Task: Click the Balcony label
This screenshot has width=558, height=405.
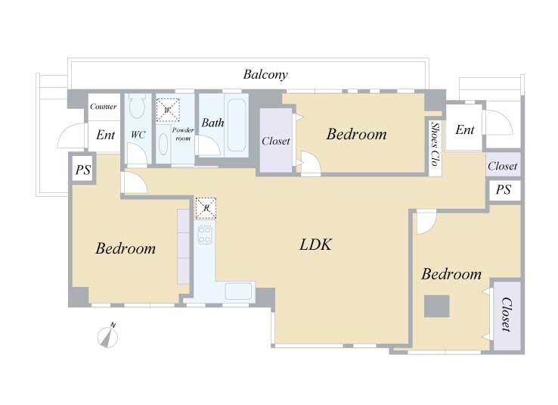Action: click(x=265, y=74)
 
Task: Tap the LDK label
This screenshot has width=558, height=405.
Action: click(x=315, y=245)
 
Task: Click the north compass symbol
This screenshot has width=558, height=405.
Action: click(x=108, y=335)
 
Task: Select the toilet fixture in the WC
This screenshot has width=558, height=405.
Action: click(x=137, y=105)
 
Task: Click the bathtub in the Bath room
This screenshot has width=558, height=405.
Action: click(x=237, y=125)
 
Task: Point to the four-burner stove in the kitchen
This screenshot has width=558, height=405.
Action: click(x=205, y=235)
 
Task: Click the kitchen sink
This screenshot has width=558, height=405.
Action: click(x=238, y=291)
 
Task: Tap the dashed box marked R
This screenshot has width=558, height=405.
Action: click(x=206, y=208)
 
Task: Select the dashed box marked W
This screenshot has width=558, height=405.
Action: click(x=168, y=110)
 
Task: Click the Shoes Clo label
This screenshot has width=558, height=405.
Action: click(x=435, y=144)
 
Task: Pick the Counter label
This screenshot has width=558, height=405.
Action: click(x=103, y=107)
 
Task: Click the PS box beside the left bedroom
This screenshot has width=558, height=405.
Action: click(x=83, y=170)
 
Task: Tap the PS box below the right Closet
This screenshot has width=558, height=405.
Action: click(x=504, y=190)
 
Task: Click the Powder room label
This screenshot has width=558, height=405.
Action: click(x=183, y=134)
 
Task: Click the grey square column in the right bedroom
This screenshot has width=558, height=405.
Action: click(x=437, y=306)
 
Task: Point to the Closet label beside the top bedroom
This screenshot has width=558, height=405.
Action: click(x=276, y=141)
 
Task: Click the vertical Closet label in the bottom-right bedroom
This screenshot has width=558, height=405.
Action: click(x=506, y=314)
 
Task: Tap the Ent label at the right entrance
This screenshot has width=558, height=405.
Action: click(x=465, y=129)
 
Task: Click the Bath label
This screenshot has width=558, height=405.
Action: click(x=212, y=123)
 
